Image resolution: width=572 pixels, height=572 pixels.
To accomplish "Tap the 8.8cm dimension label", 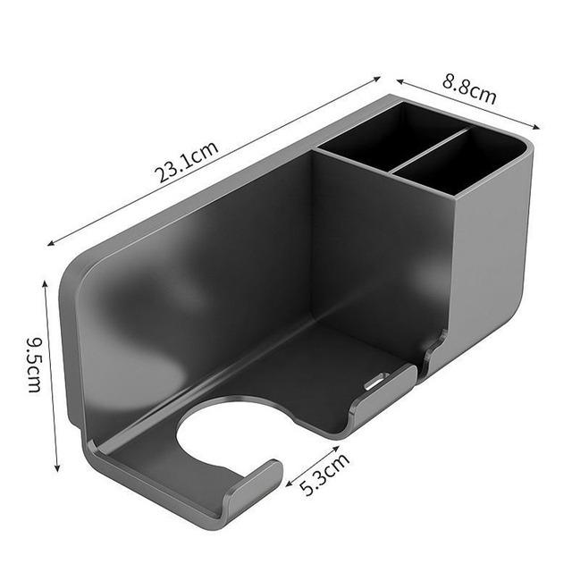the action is point(469,88).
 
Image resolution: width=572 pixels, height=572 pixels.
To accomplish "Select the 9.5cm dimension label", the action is point(35,365).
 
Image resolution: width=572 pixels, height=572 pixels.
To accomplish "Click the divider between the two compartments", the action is point(429,150).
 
